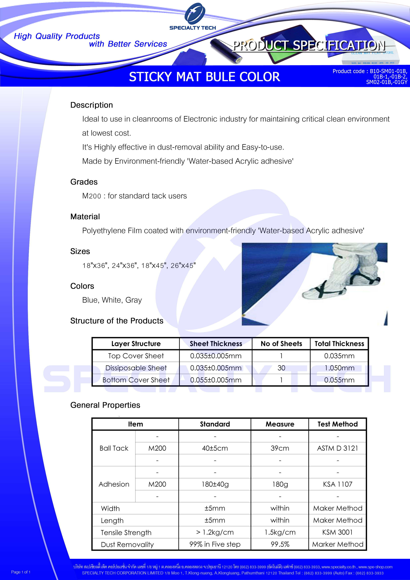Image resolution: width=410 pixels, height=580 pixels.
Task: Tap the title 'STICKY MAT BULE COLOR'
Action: point(204,77)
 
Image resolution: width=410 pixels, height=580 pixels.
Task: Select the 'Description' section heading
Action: point(91,105)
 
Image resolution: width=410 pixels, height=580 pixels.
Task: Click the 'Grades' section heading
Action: point(84,182)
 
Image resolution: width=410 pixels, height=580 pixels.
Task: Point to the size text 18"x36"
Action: point(94,266)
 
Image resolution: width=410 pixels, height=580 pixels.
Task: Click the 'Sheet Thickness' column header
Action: point(216,344)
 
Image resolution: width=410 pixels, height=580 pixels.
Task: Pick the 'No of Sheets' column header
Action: point(281,344)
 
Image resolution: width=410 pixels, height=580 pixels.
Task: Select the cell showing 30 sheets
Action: point(281,368)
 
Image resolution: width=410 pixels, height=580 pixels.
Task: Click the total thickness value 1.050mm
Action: point(339,368)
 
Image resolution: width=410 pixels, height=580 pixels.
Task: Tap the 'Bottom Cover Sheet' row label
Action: point(136,380)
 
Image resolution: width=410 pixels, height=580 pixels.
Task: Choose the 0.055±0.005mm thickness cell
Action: point(216,380)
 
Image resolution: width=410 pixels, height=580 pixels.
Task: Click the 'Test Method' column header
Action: point(337,424)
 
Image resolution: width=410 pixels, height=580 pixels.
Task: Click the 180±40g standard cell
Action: point(215,484)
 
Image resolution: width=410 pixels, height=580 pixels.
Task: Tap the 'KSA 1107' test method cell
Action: point(337,484)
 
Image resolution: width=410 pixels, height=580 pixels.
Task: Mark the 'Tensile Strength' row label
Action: point(126,533)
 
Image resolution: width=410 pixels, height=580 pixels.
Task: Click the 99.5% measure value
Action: point(280,544)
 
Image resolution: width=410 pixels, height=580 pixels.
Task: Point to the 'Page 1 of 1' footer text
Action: point(21,572)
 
